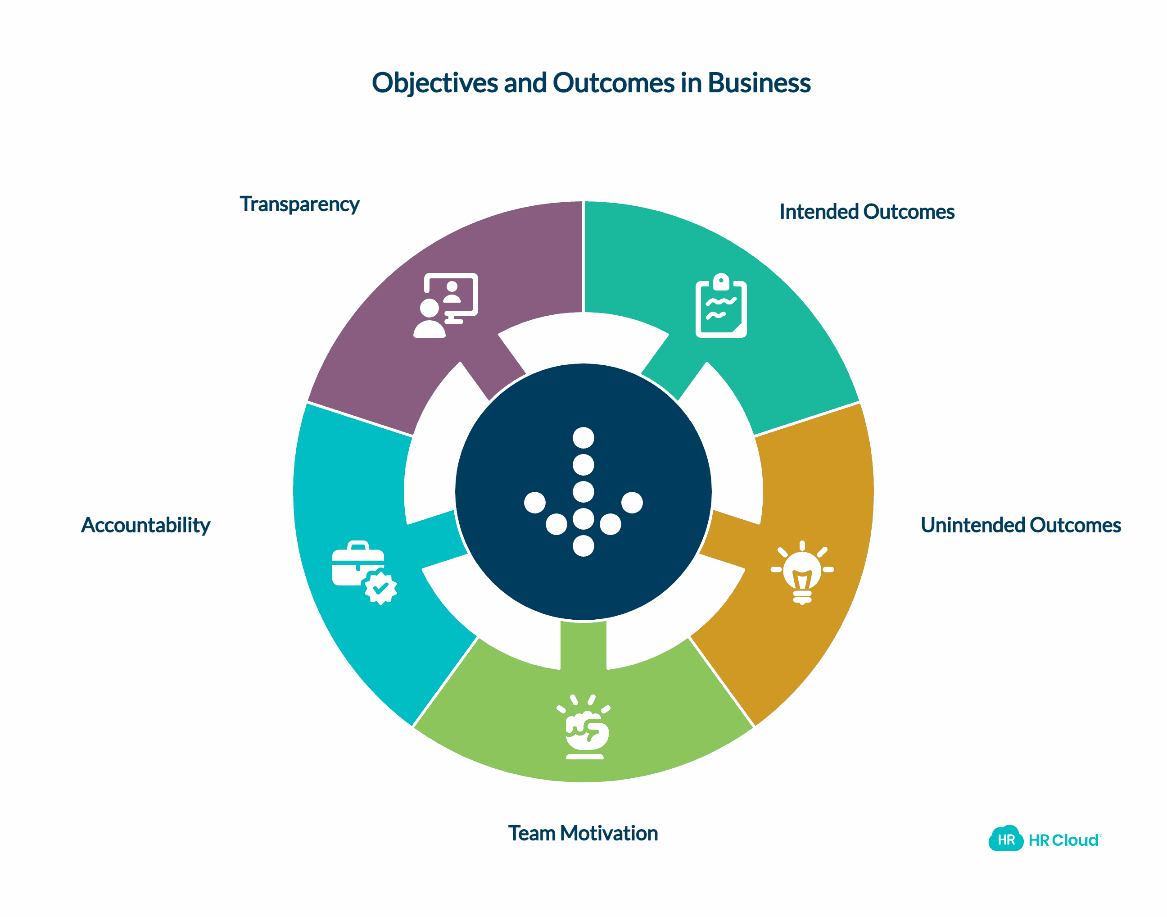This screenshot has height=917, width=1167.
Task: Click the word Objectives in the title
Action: (x=435, y=83)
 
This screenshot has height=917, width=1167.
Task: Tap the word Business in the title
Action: (x=759, y=83)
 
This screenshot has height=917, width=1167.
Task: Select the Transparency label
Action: (x=299, y=204)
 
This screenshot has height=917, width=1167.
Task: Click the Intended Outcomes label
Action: (x=867, y=212)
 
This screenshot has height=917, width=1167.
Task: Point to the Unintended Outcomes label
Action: (x=1021, y=525)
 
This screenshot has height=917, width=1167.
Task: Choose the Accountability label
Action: (x=145, y=525)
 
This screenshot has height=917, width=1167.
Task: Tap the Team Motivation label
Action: (x=583, y=833)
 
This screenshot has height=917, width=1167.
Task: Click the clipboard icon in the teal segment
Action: (x=721, y=306)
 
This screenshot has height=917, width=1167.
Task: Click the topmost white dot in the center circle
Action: (x=583, y=438)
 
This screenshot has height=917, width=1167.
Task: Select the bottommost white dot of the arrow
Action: (x=583, y=546)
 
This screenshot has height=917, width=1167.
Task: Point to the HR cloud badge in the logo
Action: (x=1005, y=840)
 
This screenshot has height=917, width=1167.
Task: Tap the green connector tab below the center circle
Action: (x=583, y=644)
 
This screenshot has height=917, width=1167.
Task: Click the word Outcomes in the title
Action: (x=613, y=83)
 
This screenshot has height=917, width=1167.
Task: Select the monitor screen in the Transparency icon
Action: (x=453, y=293)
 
